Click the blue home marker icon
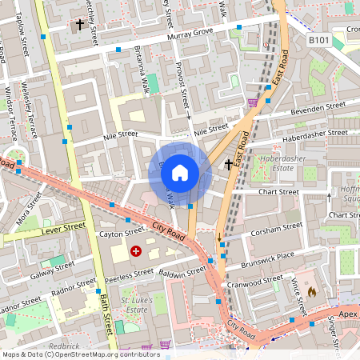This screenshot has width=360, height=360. coord(180,172)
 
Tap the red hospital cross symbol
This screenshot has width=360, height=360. coord(135,251)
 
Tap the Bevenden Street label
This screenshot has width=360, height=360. coord(318,107)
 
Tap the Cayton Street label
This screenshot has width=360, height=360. coord(119,234)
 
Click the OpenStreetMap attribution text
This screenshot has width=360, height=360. coord(70,354)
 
